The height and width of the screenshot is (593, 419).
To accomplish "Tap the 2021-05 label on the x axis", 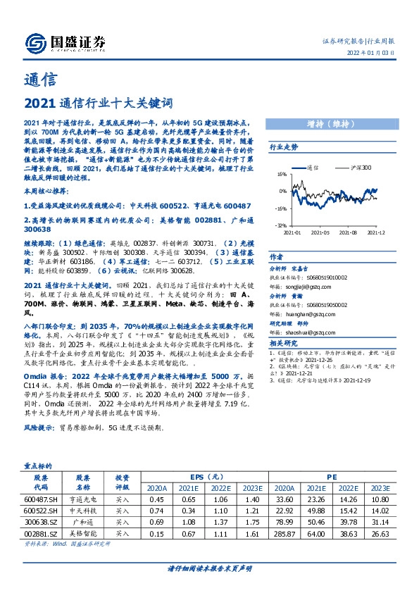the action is point(320,232).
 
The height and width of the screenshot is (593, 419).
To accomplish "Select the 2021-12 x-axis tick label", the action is point(376,232).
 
